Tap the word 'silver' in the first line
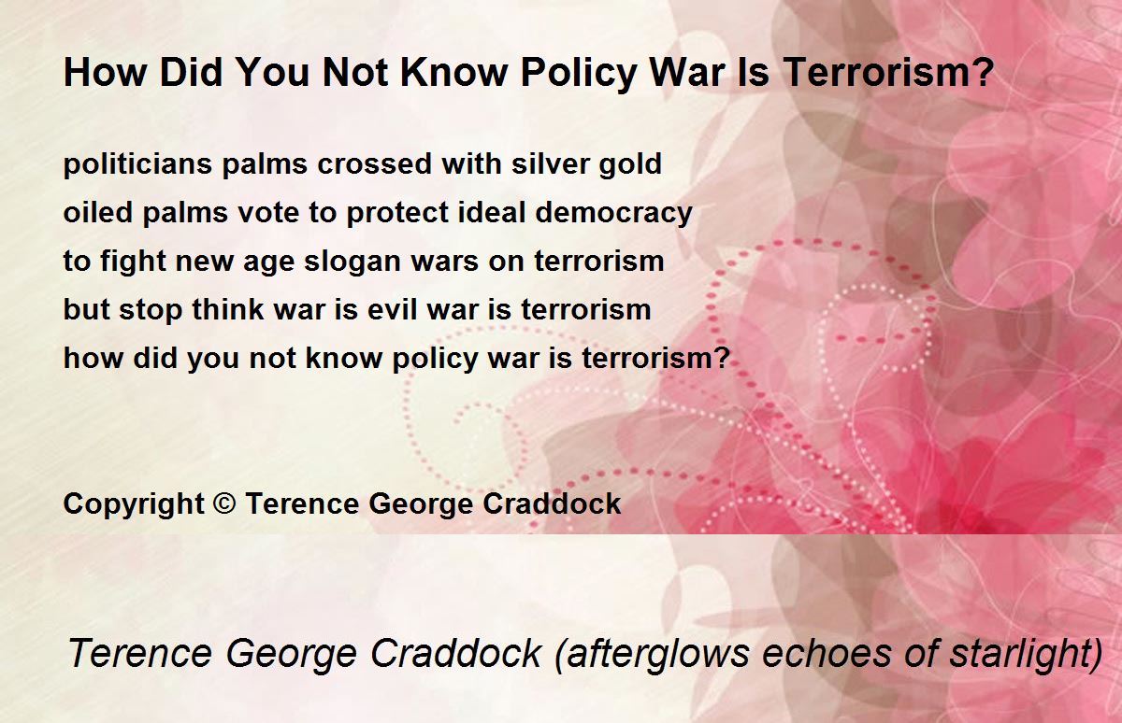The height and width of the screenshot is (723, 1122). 550,163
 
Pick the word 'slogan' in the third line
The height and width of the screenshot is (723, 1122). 352,262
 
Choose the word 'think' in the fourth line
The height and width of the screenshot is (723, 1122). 228,309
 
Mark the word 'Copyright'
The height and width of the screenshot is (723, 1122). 134,504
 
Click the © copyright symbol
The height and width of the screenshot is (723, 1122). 224,503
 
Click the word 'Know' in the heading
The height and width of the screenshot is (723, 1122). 453,73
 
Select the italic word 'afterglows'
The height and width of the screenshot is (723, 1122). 658,654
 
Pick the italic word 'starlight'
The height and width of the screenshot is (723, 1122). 1020,655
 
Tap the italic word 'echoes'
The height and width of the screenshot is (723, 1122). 827,654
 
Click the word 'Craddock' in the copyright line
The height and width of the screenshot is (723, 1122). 552,503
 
